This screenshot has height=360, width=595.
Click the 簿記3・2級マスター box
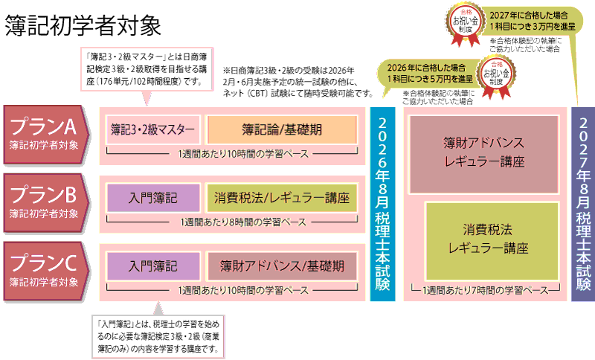(x=152, y=129)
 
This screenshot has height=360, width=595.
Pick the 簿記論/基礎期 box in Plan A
(x=281, y=129)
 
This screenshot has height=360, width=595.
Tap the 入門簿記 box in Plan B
(x=153, y=198)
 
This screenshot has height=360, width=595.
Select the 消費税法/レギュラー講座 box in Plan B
(x=281, y=198)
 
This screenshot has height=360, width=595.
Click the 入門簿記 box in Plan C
(x=153, y=266)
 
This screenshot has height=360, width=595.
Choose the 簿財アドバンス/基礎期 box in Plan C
(x=281, y=266)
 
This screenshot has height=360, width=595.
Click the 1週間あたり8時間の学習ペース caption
(x=232, y=221)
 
